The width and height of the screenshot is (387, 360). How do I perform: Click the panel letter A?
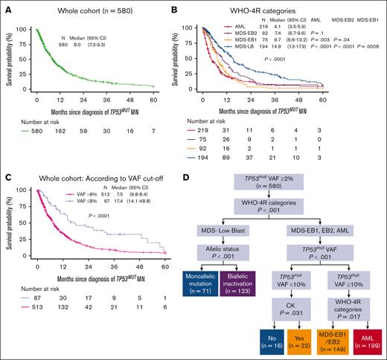pos(6,7)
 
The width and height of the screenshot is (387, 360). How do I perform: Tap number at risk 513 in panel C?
pos(37,346)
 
